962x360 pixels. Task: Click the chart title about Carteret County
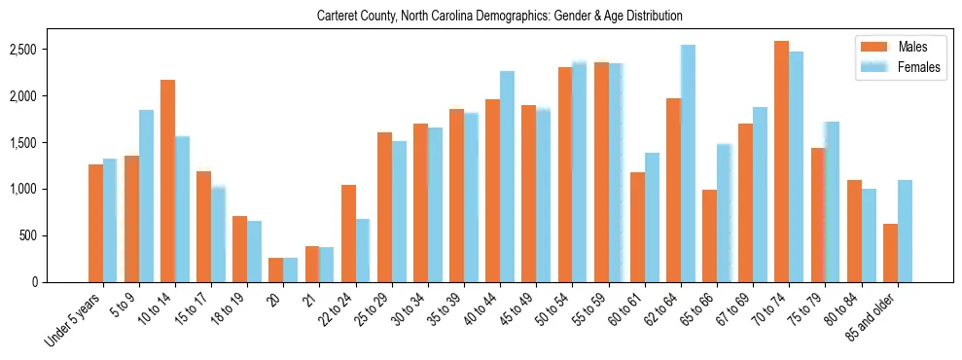click(x=500, y=17)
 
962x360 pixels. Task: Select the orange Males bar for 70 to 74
click(x=781, y=162)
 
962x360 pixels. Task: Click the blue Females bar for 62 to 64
click(x=688, y=163)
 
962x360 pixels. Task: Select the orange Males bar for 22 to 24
click(x=348, y=234)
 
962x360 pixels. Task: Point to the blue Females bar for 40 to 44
click(x=507, y=176)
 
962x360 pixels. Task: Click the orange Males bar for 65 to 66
click(x=709, y=235)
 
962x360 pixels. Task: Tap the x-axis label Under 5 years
click(x=74, y=320)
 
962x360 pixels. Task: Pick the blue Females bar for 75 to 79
click(x=832, y=201)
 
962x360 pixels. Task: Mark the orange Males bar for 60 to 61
click(x=637, y=227)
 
